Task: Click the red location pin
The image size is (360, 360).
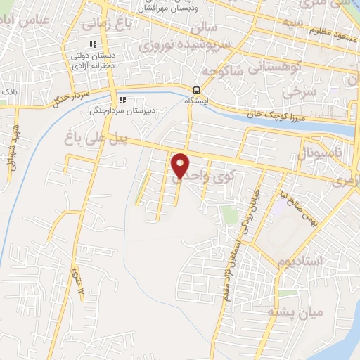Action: [x=181, y=165]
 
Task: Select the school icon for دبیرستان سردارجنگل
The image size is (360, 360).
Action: [x=122, y=100]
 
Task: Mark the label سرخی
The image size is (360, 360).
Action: [x=296, y=91]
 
